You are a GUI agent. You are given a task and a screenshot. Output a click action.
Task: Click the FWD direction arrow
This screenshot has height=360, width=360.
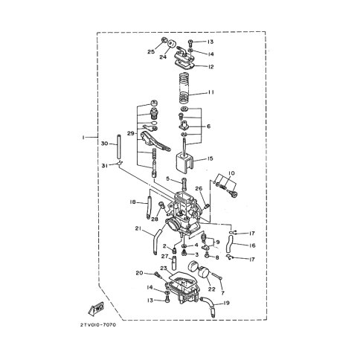(96, 309)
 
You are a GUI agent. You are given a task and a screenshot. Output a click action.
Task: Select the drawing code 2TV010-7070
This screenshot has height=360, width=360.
(98, 325)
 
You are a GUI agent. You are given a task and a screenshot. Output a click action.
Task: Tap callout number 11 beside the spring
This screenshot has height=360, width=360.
(210, 92)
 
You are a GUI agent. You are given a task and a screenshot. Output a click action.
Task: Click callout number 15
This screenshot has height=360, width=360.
(210, 158)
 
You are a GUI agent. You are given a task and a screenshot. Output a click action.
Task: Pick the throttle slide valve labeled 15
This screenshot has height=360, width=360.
(184, 163)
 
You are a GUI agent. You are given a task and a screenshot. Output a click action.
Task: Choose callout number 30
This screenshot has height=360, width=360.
(105, 144)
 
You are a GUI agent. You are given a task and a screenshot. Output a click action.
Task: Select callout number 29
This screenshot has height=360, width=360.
(131, 134)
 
